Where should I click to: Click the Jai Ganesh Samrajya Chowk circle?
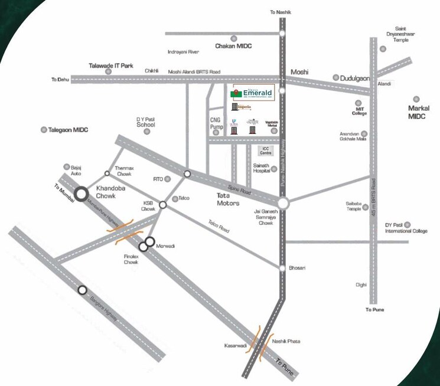(x=283, y=204)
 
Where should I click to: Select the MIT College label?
(x=360, y=110)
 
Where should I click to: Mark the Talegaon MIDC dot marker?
(x=43, y=129)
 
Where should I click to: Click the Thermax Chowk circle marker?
(x=107, y=174)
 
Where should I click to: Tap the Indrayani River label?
(x=183, y=51)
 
